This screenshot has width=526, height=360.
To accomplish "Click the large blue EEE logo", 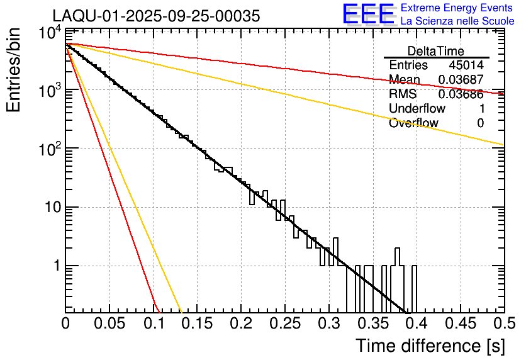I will [368, 14].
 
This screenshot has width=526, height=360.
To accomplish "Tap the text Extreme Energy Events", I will [457, 8].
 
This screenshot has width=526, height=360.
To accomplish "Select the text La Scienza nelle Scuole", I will [457, 21].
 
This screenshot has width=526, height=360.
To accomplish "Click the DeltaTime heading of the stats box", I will [436, 51].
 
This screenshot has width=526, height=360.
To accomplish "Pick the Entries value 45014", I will [466, 65].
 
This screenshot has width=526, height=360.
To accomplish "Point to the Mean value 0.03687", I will [461, 80].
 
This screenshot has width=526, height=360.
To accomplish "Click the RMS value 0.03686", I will [461, 94].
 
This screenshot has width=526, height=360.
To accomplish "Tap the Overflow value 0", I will [480, 123].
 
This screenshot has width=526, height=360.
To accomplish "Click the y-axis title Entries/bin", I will [16, 69].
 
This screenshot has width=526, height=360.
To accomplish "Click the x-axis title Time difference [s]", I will [429, 346].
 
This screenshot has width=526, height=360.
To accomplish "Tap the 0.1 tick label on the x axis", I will [153, 323].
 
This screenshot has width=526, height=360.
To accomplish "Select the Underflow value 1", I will [480, 109].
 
